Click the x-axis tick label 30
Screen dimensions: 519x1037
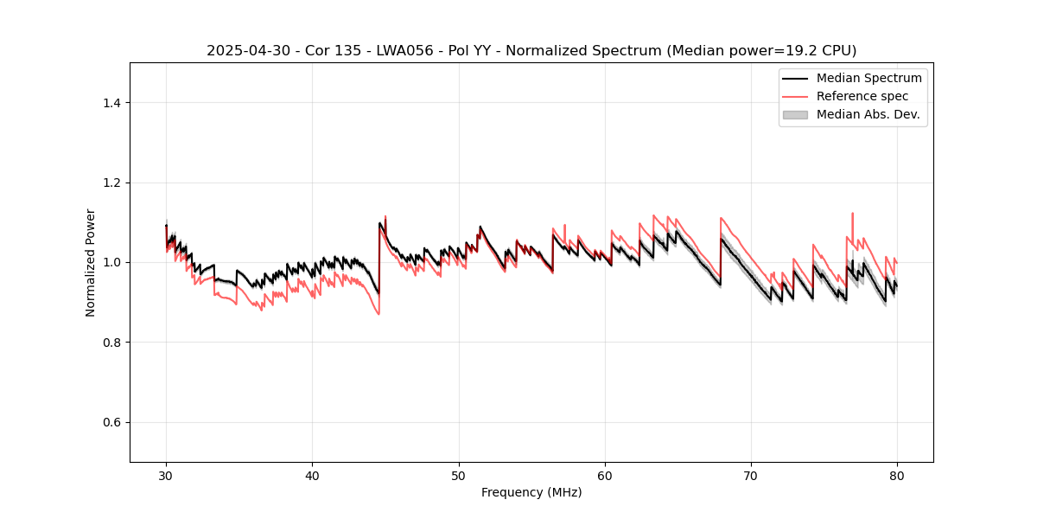[x=166, y=475]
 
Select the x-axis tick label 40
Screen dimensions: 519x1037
[x=312, y=475]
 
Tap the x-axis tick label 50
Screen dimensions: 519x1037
[x=459, y=475]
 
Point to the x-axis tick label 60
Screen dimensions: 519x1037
[x=605, y=475]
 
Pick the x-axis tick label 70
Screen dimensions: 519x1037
[x=751, y=475]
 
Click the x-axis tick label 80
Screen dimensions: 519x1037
[x=897, y=475]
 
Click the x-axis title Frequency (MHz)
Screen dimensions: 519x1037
[x=531, y=492]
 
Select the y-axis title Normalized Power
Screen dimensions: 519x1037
[x=90, y=262]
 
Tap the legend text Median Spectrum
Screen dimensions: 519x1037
[x=868, y=78]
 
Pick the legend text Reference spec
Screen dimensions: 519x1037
[x=862, y=96]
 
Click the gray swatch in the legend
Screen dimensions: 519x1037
[x=795, y=114]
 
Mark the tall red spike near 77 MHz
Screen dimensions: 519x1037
[x=853, y=215]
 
